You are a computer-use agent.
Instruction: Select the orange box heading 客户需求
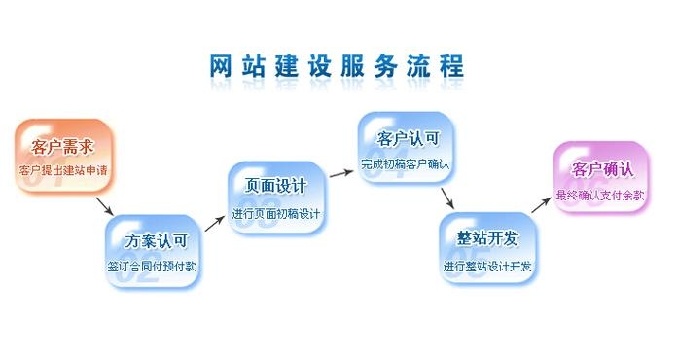coord(62,148)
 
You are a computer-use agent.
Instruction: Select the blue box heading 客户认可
coord(406,138)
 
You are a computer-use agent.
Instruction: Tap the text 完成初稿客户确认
coord(406,163)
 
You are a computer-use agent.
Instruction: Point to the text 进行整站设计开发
coord(488,266)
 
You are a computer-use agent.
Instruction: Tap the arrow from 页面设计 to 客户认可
coord(340,173)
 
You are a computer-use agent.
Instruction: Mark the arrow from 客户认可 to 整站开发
coord(447,198)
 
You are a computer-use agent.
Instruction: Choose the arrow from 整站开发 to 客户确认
coord(543,203)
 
